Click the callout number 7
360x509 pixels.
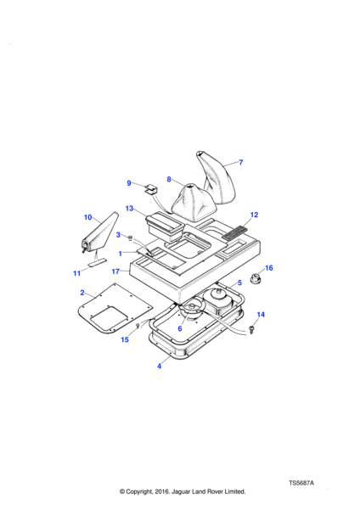point(241,162)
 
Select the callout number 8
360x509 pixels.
point(169,179)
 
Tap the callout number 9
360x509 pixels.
point(129,183)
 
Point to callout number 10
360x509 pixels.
point(88,217)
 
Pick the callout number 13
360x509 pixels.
point(129,208)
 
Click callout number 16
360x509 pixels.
point(269,268)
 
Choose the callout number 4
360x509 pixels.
point(160,366)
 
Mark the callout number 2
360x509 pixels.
point(82,293)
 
